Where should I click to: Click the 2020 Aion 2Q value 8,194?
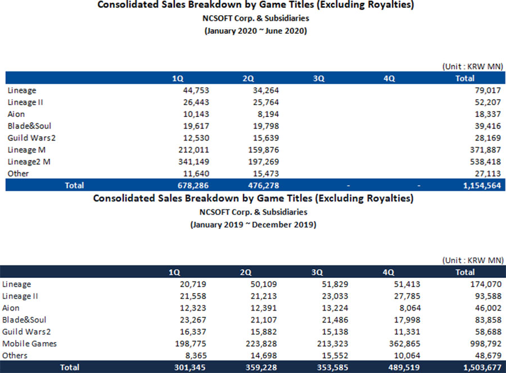[x=267, y=114]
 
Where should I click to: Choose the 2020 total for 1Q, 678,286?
[x=191, y=185]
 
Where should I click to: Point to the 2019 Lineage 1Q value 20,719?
[x=193, y=285]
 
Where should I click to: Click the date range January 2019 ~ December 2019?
[x=253, y=224]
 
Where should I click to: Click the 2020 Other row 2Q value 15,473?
[x=265, y=173]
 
